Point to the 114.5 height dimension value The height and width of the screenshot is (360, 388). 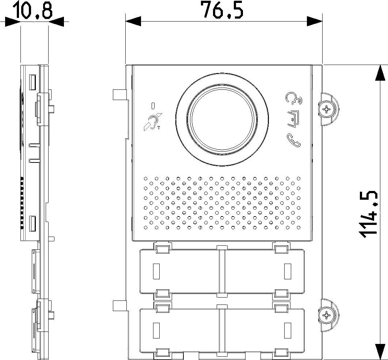(x=369, y=214)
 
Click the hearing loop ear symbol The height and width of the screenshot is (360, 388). (x=152, y=122)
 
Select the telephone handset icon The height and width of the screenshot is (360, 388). (x=294, y=140)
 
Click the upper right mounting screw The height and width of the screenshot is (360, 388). (x=327, y=109)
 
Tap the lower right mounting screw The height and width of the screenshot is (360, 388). (x=327, y=315)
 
